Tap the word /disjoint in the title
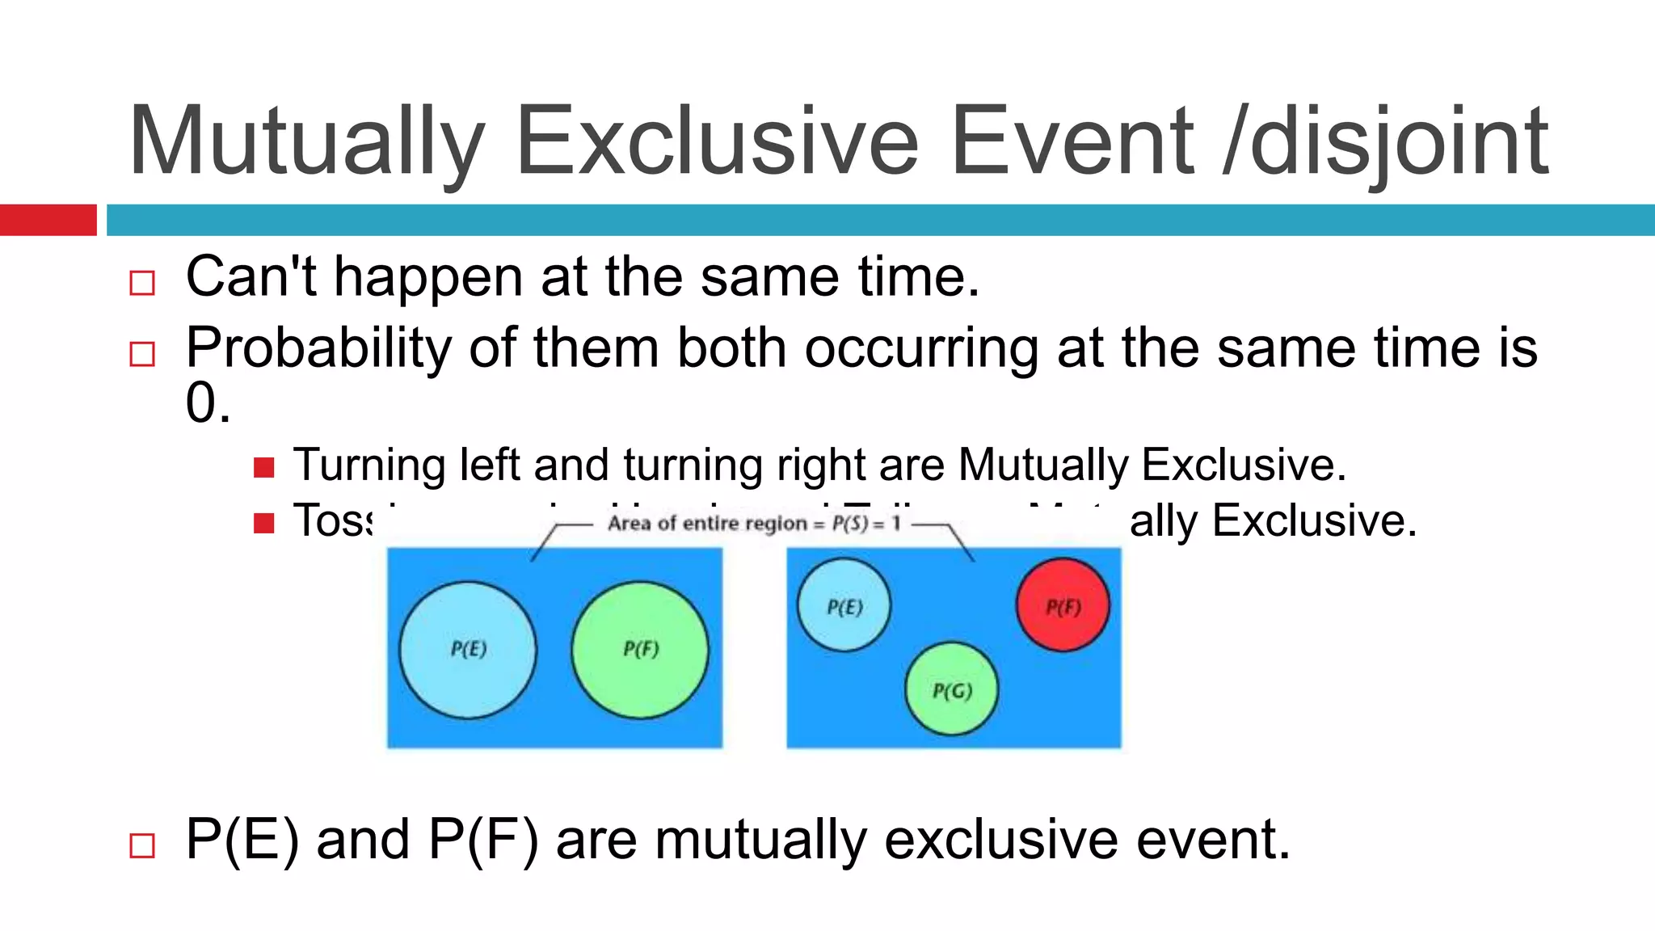pyautogui.click(x=1385, y=141)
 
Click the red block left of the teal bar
pyautogui.click(x=48, y=220)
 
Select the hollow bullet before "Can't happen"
pyautogui.click(x=142, y=283)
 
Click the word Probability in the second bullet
pyautogui.click(x=318, y=349)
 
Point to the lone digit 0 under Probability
pyautogui.click(x=201, y=403)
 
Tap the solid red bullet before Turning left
pyautogui.click(x=264, y=468)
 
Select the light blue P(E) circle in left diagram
pyautogui.click(x=468, y=650)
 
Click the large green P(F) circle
pyautogui.click(x=640, y=650)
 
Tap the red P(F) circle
pyautogui.click(x=1063, y=605)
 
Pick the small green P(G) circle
pyautogui.click(x=951, y=689)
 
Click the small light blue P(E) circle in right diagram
pyautogui.click(x=844, y=605)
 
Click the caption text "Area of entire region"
pyautogui.click(x=706, y=524)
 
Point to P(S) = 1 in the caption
pyautogui.click(x=866, y=524)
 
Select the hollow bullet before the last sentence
pyautogui.click(x=142, y=845)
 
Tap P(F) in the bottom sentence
pyautogui.click(x=483, y=840)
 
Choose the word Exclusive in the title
pyautogui.click(x=717, y=141)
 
